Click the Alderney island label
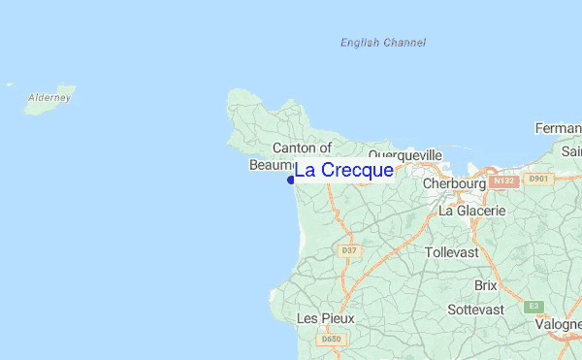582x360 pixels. coord(48,98)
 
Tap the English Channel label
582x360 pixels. coord(383,43)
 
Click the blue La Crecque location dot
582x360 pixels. coord(291,180)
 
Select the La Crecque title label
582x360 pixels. coord(343,171)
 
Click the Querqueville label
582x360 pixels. coord(404,155)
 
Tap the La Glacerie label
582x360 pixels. coord(472,211)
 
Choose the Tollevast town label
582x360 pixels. coord(452,252)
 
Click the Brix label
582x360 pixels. coord(485,285)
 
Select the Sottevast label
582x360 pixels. coord(475,310)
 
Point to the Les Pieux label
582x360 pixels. coord(325,318)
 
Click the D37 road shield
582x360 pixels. coord(349,250)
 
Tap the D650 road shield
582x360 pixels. coord(331,340)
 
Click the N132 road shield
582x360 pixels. coord(502,180)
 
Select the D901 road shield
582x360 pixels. coord(537,179)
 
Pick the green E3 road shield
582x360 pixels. coord(533,306)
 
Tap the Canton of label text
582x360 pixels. coord(302,147)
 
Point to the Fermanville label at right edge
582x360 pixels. coord(559,128)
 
